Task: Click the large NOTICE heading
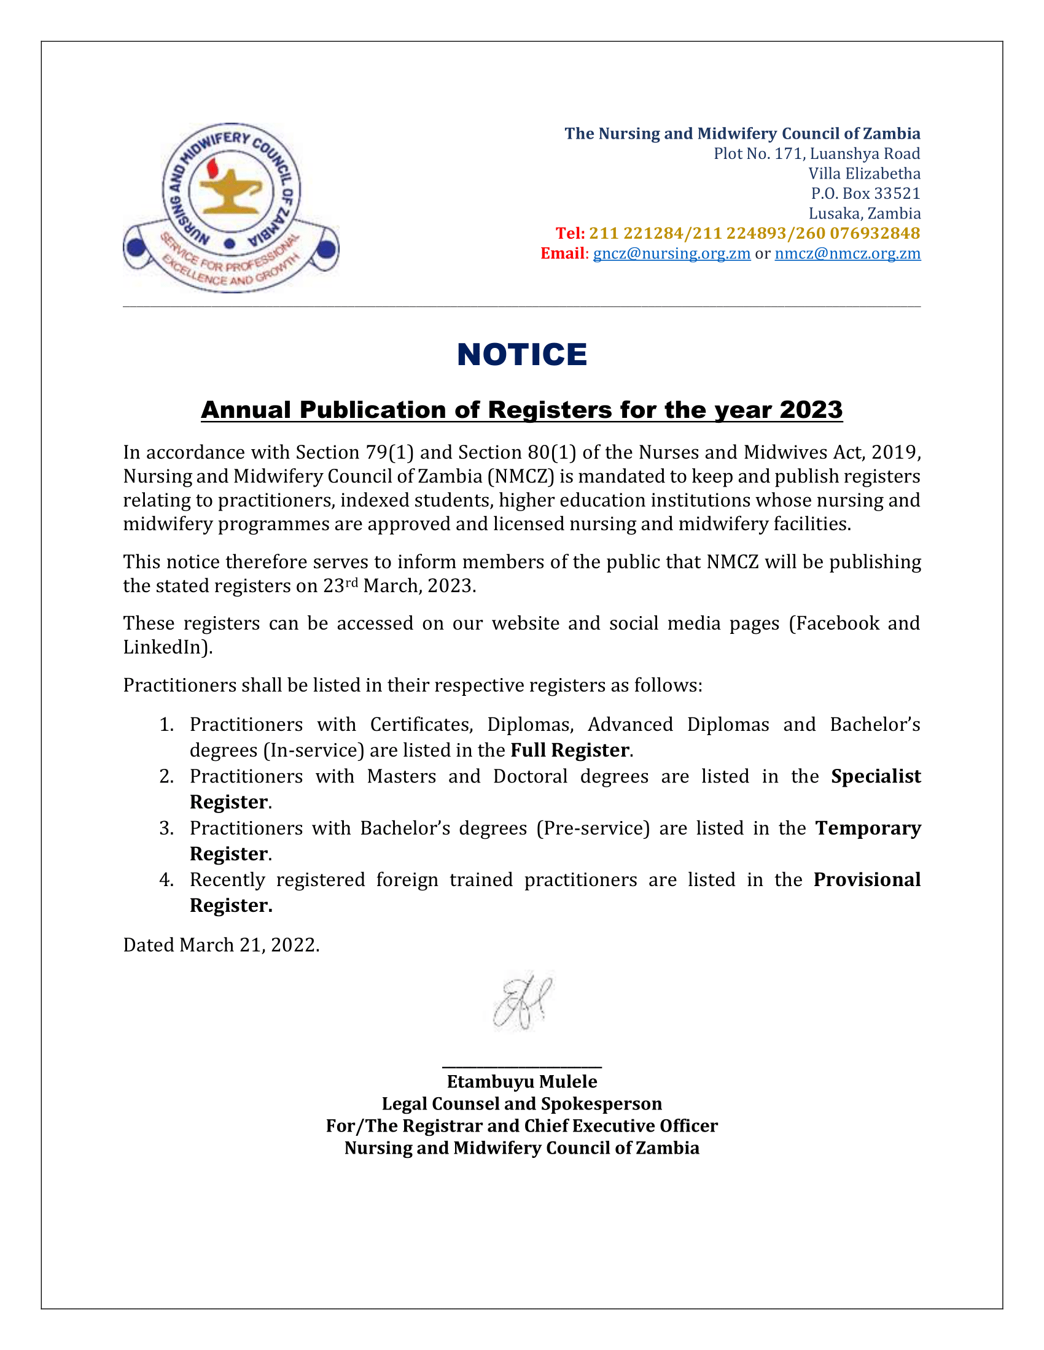521,355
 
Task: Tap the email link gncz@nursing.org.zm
671,253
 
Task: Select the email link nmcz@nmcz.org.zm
847,253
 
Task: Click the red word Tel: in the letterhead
570,233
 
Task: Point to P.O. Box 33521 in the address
865,193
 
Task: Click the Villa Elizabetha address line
864,174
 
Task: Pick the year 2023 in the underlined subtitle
810,410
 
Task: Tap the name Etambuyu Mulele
521,1081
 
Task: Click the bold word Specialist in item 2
875,776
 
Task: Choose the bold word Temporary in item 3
868,828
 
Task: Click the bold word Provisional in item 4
867,879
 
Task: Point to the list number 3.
166,828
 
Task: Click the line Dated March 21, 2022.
221,945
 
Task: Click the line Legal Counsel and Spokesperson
521,1103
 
